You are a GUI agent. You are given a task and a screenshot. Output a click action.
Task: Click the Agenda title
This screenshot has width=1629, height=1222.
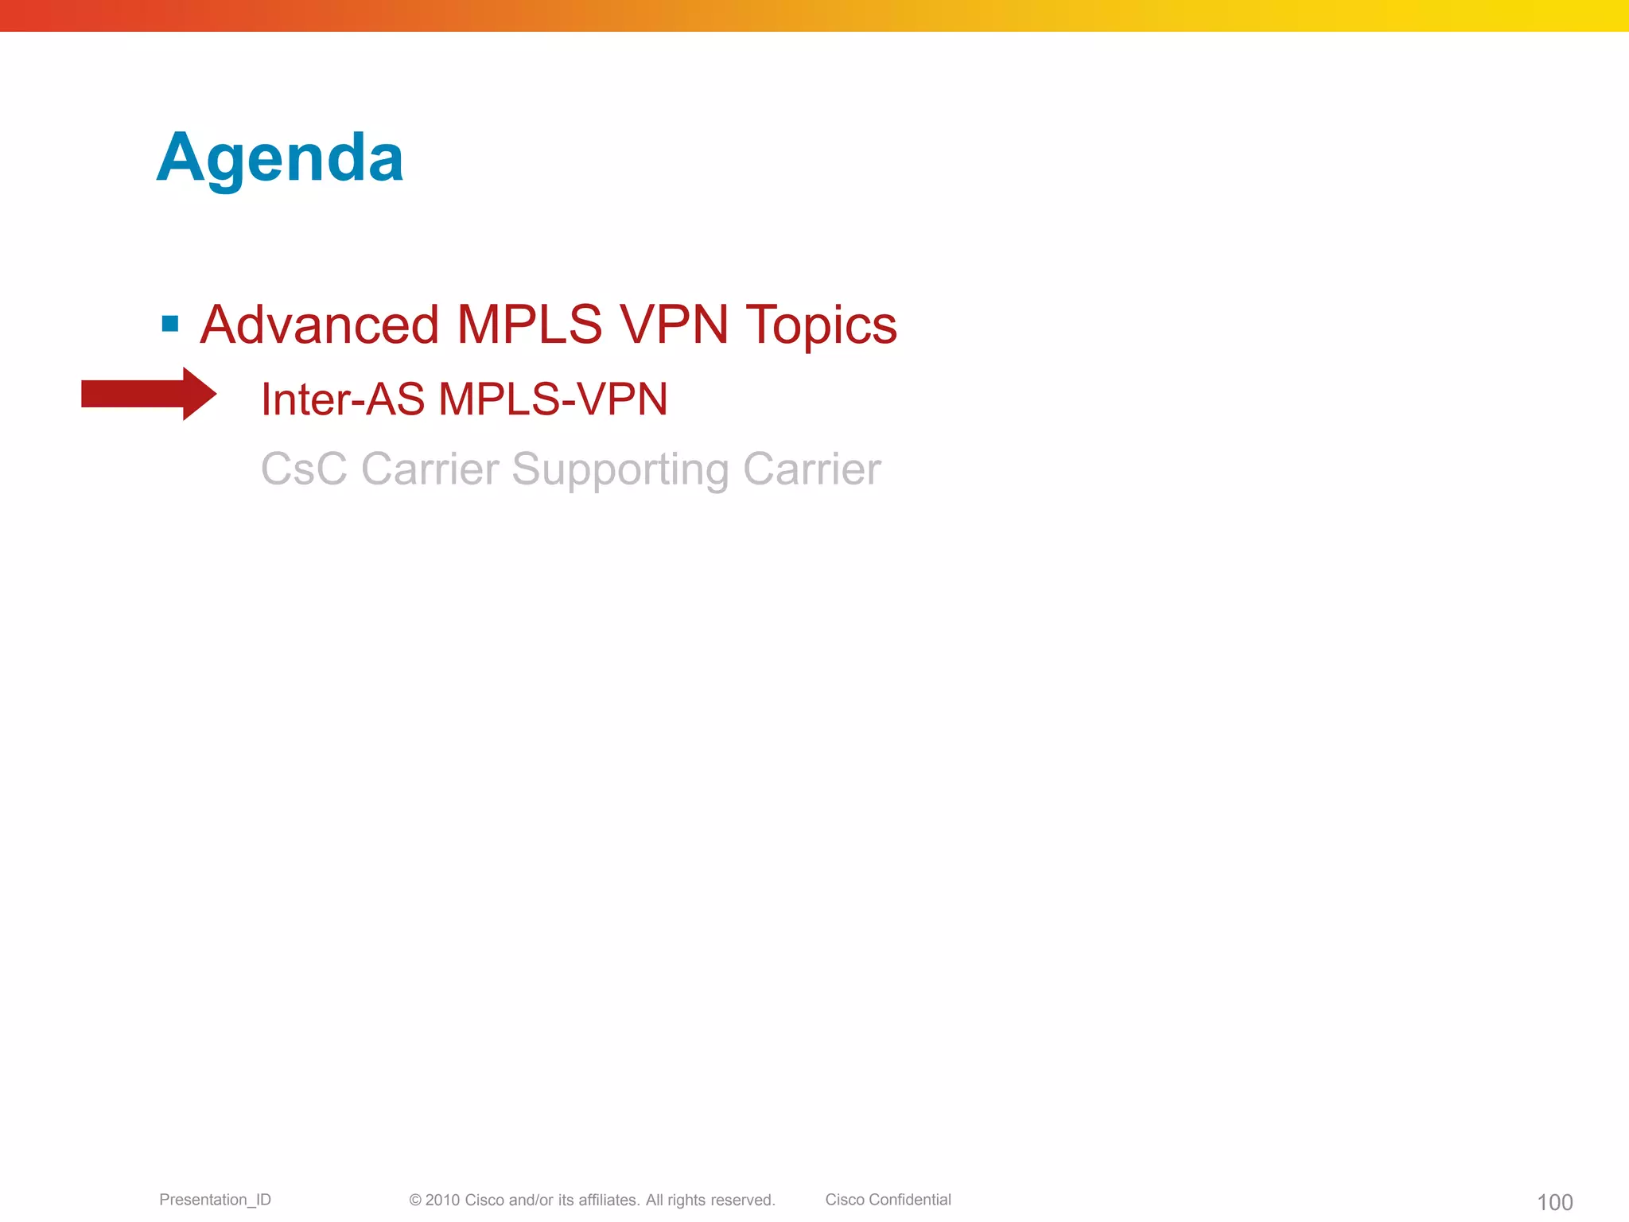tap(280, 158)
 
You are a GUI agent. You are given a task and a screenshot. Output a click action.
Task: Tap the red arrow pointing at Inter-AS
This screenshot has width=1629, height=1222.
tap(149, 394)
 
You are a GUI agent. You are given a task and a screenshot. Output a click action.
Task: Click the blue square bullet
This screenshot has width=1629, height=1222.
tap(169, 324)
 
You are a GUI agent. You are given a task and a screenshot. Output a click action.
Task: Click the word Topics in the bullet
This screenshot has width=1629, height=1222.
tap(821, 326)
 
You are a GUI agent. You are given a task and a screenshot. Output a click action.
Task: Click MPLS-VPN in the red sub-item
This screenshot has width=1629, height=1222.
tap(553, 399)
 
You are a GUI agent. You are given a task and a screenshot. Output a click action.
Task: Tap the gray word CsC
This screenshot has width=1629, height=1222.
tap(304, 469)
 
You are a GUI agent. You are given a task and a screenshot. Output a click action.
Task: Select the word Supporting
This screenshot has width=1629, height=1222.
tap(620, 470)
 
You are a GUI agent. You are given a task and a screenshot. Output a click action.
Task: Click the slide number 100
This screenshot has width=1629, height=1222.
tap(1554, 1202)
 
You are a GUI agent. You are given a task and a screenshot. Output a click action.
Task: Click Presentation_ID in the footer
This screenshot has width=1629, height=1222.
tap(215, 1200)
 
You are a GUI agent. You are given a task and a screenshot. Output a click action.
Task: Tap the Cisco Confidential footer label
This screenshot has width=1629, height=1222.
tap(888, 1200)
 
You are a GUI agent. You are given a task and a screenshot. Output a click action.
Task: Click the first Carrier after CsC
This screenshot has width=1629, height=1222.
tap(430, 469)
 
